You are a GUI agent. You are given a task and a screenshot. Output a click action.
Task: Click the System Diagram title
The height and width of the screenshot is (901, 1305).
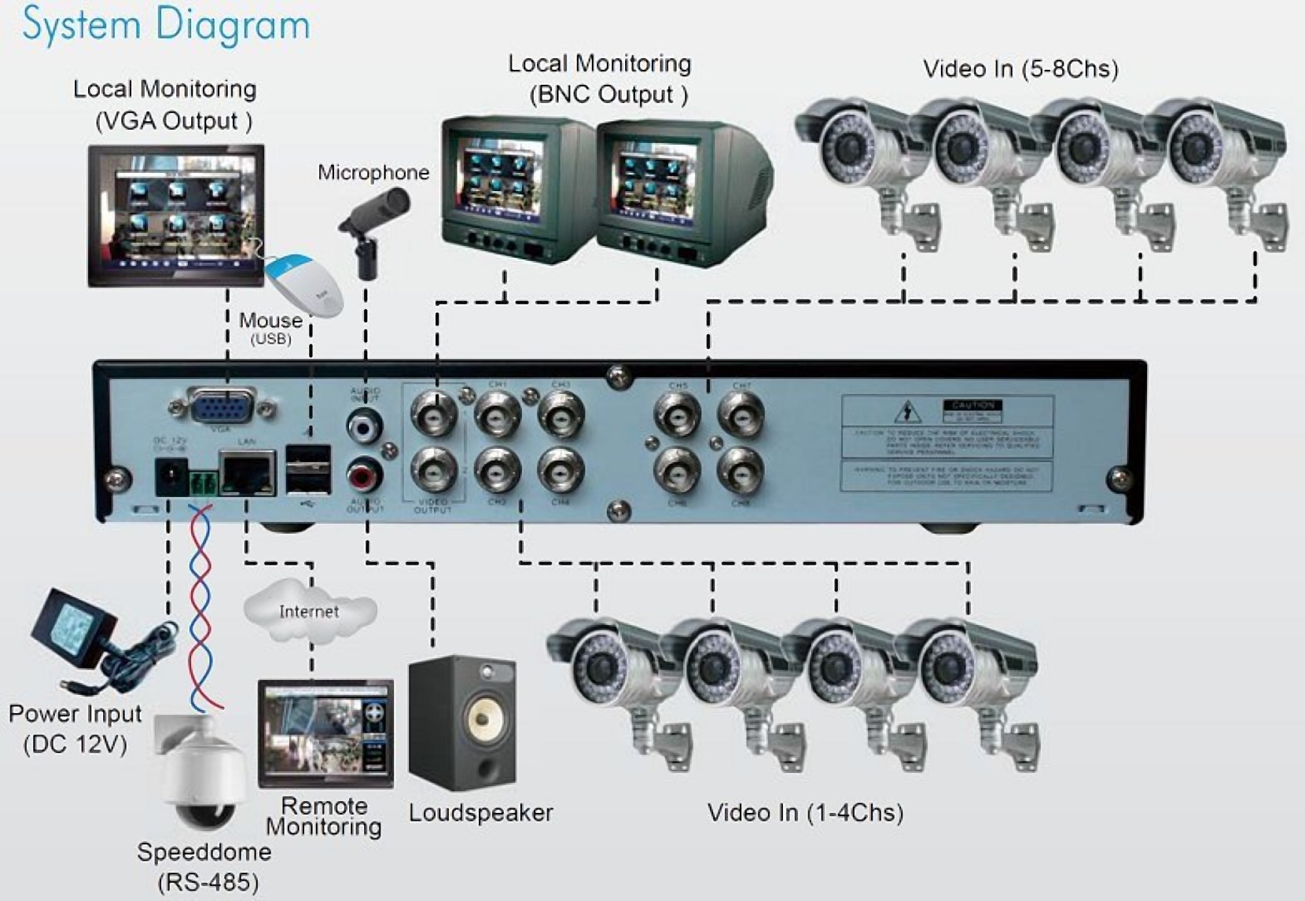(x=166, y=25)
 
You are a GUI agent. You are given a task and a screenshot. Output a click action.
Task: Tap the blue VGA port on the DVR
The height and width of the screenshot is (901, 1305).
(x=222, y=408)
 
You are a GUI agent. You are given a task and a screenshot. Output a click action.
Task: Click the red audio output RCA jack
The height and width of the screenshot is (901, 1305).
(x=364, y=475)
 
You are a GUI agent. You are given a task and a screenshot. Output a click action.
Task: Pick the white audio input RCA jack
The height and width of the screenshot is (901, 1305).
(x=364, y=426)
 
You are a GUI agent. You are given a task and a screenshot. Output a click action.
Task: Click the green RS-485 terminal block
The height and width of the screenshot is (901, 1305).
(x=204, y=483)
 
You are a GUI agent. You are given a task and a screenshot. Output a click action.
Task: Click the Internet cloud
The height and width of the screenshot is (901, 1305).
(x=309, y=611)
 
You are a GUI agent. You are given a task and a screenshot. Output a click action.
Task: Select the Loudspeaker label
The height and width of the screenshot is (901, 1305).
(x=481, y=813)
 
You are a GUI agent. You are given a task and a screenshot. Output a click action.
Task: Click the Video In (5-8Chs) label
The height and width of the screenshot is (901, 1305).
(x=1021, y=69)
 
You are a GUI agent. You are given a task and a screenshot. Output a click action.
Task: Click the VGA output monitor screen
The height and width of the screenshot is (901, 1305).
(x=176, y=215)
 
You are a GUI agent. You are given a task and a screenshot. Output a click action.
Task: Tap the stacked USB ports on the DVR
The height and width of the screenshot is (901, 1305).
(x=309, y=470)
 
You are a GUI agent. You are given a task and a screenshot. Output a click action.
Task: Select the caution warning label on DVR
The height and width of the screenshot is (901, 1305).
(x=947, y=444)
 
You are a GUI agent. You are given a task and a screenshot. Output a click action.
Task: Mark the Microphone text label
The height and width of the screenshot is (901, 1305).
(x=373, y=172)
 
